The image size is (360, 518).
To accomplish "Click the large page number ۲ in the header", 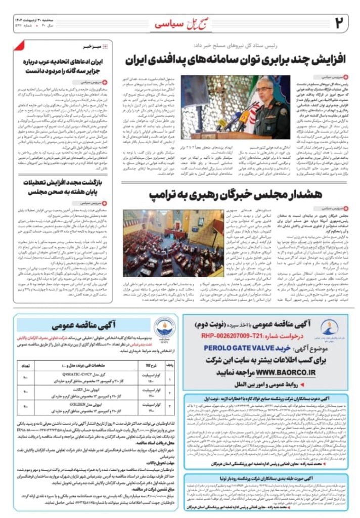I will pyautogui.click(x=340, y=22).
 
